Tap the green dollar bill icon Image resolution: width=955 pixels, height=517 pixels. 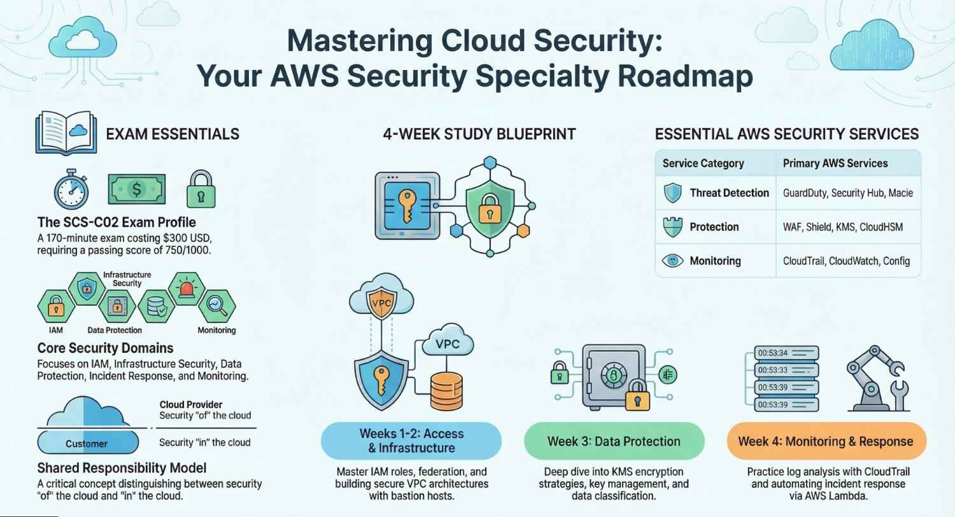pos(136,188)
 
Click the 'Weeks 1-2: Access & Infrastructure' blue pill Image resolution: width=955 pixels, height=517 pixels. pos(411,441)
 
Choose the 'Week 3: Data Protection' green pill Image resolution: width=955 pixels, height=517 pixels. pos(614,441)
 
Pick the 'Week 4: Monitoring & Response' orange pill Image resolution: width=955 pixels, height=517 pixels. pos(826,441)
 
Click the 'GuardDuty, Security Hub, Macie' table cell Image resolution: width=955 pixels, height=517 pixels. pos(848,193)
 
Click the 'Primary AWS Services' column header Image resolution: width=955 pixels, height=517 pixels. pos(835,163)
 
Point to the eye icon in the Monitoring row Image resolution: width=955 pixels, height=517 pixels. pos(673,260)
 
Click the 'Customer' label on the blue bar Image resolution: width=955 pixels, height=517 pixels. pos(87,443)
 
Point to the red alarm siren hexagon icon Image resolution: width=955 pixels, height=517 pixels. pos(187,289)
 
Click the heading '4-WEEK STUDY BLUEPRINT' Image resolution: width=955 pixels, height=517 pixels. pos(479,134)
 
